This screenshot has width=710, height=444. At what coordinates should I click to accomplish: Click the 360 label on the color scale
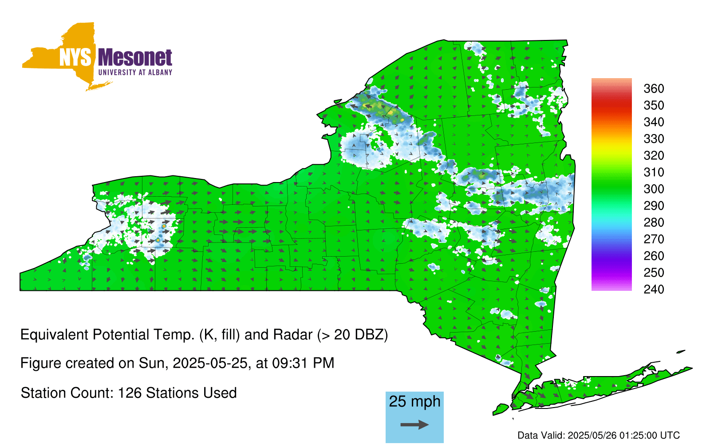[x=654, y=88]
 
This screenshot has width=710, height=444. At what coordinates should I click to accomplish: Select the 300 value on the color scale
[x=654, y=189]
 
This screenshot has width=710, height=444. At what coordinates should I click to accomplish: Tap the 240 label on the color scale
[x=654, y=289]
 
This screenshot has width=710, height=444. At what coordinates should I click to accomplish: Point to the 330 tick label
[x=654, y=139]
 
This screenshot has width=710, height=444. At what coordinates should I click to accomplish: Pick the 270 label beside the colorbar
[x=654, y=239]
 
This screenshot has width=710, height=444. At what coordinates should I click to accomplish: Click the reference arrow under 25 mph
[x=414, y=424]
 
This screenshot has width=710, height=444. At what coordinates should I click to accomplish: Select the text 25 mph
[x=414, y=401]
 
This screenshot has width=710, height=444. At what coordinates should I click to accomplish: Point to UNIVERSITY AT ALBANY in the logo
[x=135, y=72]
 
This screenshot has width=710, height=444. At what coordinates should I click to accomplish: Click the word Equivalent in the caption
[x=54, y=335]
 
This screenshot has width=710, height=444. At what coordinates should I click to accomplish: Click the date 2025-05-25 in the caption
[x=210, y=363]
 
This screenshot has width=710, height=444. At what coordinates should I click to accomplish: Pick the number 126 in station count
[x=129, y=393]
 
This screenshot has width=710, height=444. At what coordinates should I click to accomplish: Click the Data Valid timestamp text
[x=599, y=435]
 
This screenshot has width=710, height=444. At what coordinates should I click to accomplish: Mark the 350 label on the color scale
[x=654, y=105]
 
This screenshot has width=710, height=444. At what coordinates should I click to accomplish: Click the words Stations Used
[x=191, y=393]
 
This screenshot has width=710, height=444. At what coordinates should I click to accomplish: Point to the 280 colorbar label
[x=654, y=222]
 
